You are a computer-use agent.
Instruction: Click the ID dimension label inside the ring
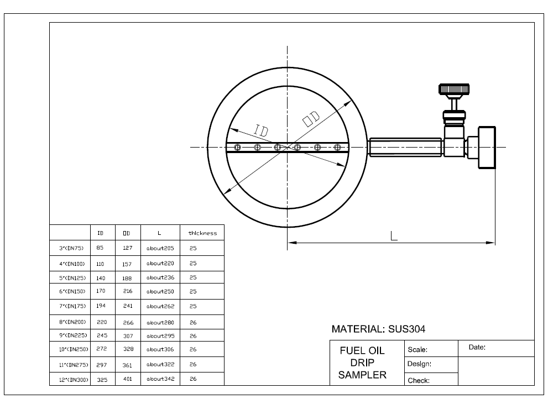click(262, 130)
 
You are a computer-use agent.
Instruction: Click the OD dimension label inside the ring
click(311, 118)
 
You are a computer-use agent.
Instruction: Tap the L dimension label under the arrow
click(393, 236)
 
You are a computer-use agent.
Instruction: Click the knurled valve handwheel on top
click(454, 89)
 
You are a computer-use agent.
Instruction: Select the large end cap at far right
click(487, 147)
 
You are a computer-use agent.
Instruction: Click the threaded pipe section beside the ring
click(405, 147)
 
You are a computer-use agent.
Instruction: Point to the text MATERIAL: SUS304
click(378, 329)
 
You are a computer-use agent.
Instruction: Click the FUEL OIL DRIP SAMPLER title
click(362, 363)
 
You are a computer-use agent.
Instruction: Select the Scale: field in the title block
click(417, 350)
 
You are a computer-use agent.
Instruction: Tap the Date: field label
click(477, 348)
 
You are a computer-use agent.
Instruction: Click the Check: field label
click(419, 380)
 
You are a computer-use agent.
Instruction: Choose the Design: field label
click(419, 364)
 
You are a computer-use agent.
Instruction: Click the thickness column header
click(202, 233)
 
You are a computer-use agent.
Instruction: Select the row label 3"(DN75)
click(71, 249)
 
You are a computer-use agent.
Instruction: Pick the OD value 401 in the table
click(128, 379)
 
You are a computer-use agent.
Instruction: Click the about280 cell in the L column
click(160, 322)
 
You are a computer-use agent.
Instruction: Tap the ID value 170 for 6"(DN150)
click(101, 291)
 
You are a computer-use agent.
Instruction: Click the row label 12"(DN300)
click(73, 380)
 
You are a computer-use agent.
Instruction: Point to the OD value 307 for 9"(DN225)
click(128, 336)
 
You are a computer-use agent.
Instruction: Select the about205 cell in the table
click(160, 249)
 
